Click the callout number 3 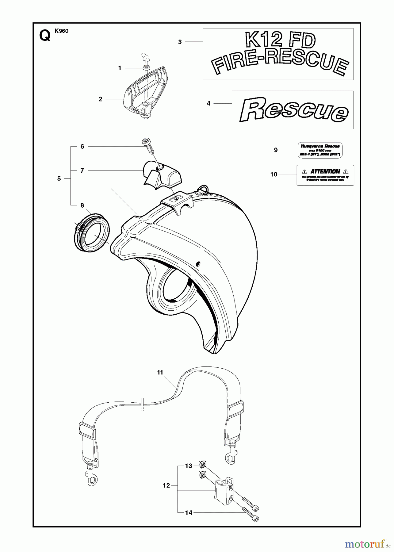[180, 42]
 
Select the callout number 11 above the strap [160, 372]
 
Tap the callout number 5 [59, 178]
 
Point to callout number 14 [189, 512]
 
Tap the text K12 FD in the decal [281, 41]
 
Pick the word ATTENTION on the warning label [325, 171]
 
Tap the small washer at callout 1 [146, 67]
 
